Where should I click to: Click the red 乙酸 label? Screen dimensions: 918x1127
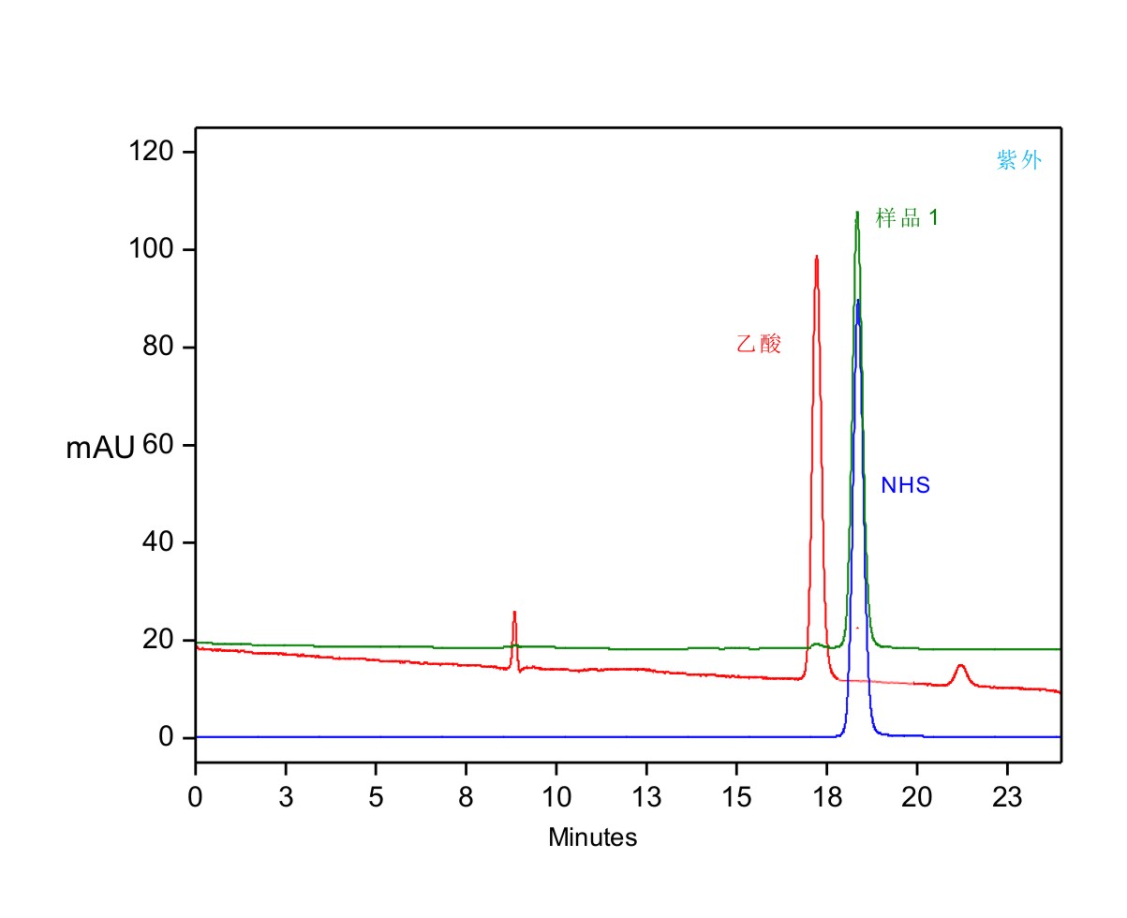[759, 345]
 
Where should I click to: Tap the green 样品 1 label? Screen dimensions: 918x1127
[907, 218]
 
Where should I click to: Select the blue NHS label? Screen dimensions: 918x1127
[905, 485]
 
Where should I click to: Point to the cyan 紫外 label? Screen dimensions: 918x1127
[1019, 161]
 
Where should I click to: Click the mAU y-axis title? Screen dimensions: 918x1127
[99, 449]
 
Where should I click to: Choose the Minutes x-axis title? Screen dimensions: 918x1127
[592, 837]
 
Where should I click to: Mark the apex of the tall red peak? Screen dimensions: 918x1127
[817, 257]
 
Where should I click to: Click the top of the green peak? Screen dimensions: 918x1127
[857, 213]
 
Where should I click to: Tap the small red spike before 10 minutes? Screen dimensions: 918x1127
[514, 613]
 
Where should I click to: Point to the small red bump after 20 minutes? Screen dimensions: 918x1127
[960, 666]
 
